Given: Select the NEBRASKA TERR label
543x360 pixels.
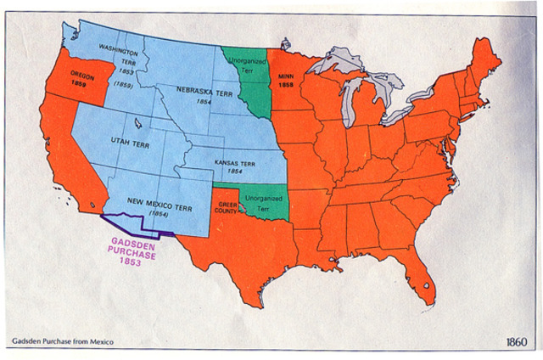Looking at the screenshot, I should pos(199,89).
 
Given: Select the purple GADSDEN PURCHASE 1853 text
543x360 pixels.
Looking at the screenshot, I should pos(130,254).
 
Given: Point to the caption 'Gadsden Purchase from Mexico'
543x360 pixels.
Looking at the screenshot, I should pos(62,341).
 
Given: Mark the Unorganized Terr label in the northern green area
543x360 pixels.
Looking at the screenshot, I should pos(248,67).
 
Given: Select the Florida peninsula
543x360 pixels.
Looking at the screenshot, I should pos(424,276).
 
